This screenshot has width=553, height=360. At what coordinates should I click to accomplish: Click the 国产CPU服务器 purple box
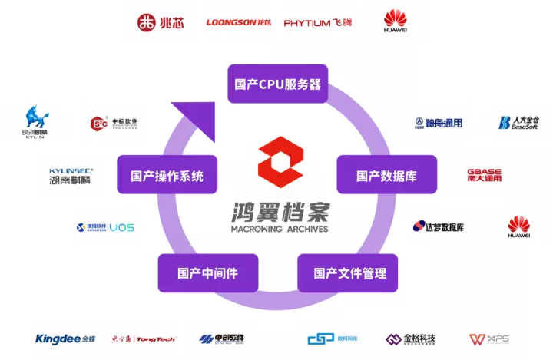pos(278,84)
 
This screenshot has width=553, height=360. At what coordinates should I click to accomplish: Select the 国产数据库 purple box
pos(386,175)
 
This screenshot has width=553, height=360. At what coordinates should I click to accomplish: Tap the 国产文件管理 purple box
pos(349,272)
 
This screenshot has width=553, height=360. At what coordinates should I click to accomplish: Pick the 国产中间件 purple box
pos(207,272)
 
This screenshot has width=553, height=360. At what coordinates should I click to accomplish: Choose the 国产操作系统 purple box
pos(167,175)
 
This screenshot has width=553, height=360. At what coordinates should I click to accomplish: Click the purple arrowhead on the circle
pos(188,115)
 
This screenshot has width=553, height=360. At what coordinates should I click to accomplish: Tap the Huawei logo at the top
pos(396,21)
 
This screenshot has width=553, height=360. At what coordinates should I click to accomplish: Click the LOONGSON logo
pos(239,22)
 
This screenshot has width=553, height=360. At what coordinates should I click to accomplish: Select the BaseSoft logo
pos(518,123)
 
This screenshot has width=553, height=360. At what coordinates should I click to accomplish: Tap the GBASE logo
pos(484,175)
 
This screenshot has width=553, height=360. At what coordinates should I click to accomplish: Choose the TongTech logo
pos(144,339)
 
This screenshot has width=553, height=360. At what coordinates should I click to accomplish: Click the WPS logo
pos(488,339)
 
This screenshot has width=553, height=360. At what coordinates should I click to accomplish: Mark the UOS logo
pos(105,227)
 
